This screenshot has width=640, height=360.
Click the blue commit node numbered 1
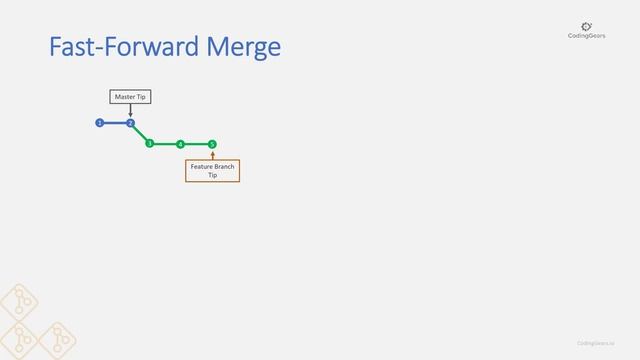click(99, 123)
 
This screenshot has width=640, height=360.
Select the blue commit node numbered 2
click(130, 123)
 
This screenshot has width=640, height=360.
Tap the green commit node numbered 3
click(149, 144)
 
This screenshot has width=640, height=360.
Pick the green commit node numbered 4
click(180, 144)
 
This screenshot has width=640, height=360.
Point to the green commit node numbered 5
click(212, 144)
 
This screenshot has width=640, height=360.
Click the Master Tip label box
click(130, 96)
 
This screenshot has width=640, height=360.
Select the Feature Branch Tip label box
click(212, 170)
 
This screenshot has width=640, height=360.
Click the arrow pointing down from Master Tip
click(130, 110)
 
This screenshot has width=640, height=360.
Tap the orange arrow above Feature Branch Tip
click(212, 154)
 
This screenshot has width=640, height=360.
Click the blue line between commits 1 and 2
click(114, 123)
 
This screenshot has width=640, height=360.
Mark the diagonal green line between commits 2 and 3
click(140, 134)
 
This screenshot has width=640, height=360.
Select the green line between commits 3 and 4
click(165, 144)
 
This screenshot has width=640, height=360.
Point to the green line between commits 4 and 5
click(196, 144)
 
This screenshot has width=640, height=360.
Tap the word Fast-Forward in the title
click(118, 47)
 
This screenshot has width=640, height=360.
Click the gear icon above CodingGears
click(586, 26)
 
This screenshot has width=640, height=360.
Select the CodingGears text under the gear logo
click(586, 37)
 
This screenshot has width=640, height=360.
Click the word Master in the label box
click(125, 96)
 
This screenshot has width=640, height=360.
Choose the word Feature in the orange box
click(202, 166)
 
